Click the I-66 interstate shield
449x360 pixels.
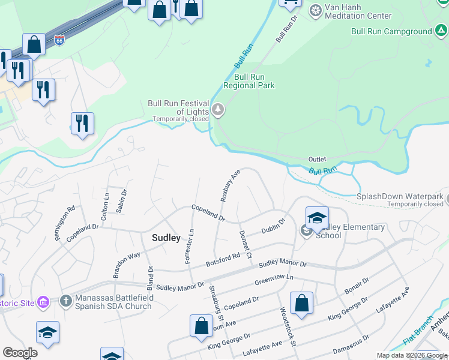(59, 40)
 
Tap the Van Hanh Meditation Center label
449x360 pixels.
(358, 11)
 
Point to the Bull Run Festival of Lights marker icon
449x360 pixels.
(218, 110)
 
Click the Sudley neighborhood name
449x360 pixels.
(166, 238)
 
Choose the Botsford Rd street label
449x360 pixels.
(223, 259)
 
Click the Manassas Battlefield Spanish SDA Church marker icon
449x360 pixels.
(66, 299)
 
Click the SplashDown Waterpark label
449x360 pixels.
(400, 196)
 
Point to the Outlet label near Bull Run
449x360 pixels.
(317, 159)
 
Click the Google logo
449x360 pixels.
(20, 353)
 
